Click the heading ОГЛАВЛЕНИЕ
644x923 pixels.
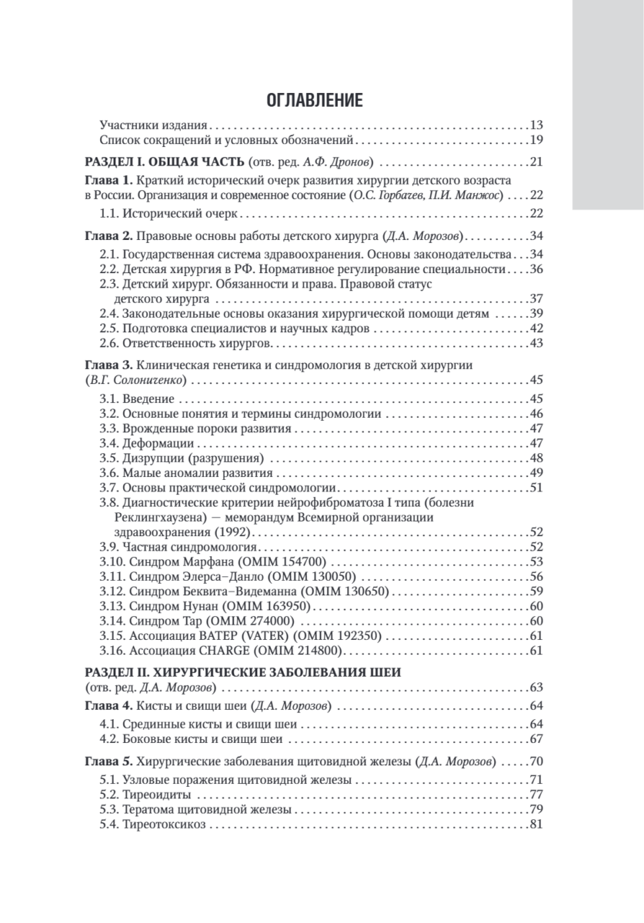(314, 101)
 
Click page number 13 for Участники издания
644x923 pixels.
(537, 125)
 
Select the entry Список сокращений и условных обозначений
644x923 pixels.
(227, 140)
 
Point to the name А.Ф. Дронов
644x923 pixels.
(350, 162)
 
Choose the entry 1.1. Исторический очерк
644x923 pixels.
(172, 212)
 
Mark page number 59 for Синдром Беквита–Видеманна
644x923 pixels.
(537, 591)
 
